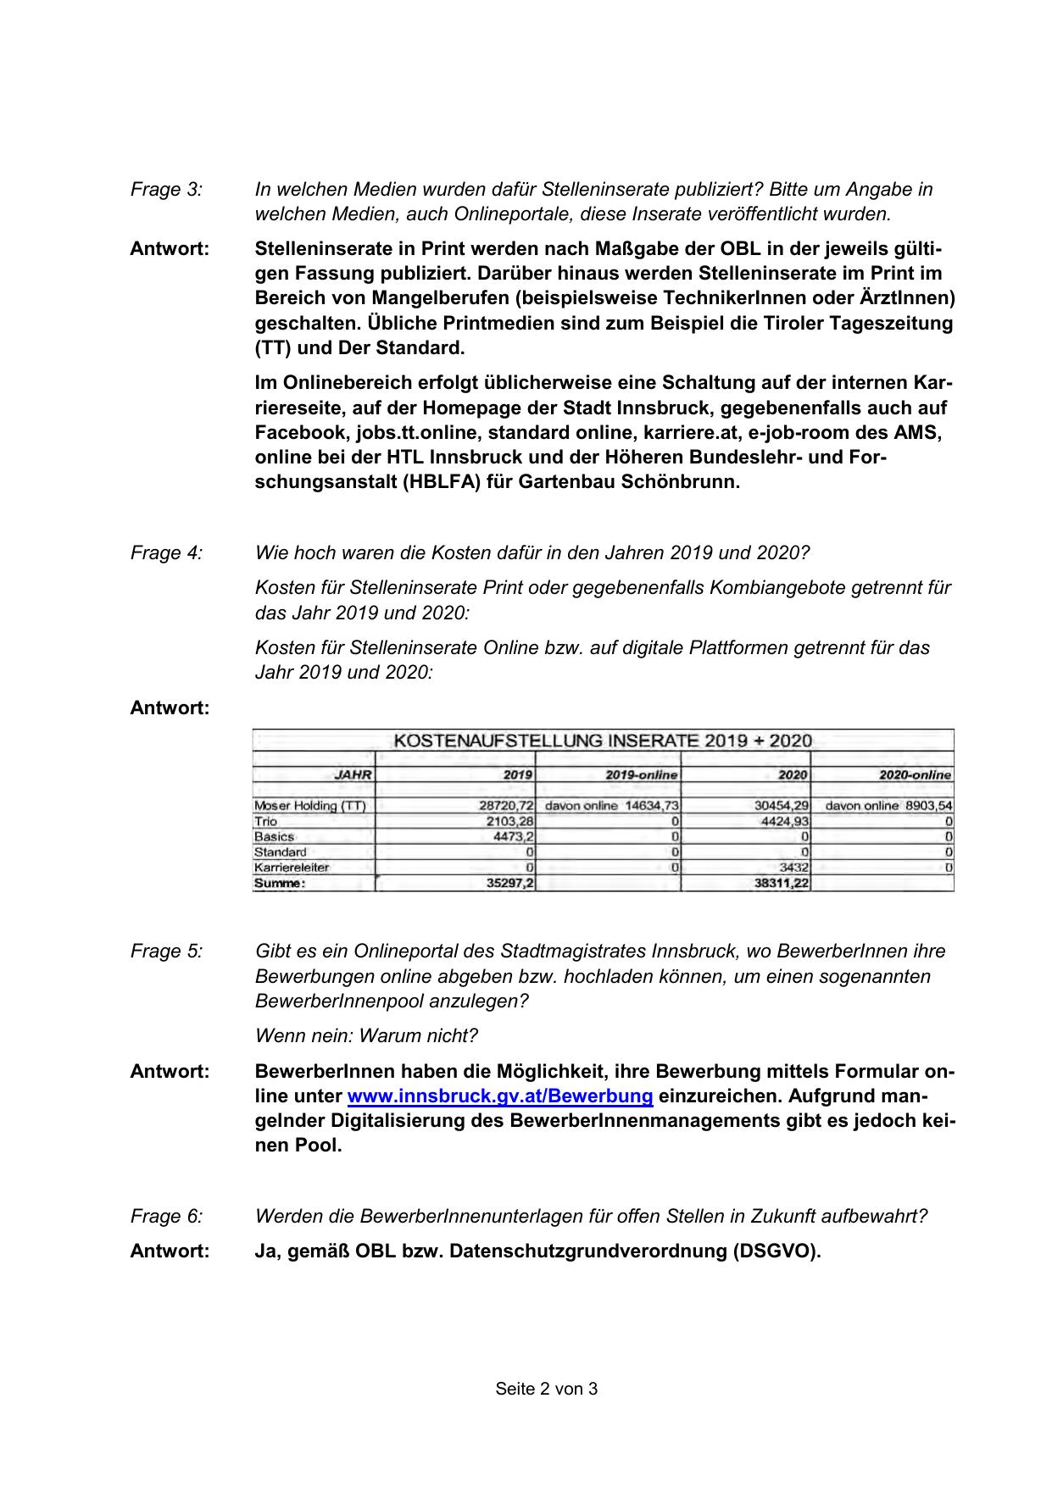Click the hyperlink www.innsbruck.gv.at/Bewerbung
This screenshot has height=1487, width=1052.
click(x=500, y=1096)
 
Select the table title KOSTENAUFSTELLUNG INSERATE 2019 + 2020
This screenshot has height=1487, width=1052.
click(x=603, y=741)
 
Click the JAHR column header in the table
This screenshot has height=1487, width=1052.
click(x=353, y=774)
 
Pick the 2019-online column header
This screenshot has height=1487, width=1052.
click(x=642, y=774)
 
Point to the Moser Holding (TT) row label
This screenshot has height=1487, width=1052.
click(x=309, y=806)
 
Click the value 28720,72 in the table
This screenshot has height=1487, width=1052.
click(x=506, y=806)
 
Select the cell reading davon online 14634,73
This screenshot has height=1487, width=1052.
click(x=612, y=806)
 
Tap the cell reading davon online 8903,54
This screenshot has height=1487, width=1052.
click(x=888, y=806)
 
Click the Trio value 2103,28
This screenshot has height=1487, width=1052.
click(x=509, y=821)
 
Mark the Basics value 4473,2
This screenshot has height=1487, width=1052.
click(x=514, y=836)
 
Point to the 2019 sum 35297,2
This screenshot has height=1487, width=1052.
click(x=509, y=883)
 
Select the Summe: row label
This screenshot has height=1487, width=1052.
click(x=279, y=883)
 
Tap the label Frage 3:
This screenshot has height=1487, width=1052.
click(x=166, y=190)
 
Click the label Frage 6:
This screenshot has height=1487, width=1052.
click(x=166, y=1217)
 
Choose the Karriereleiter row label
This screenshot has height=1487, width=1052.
click(x=291, y=868)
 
